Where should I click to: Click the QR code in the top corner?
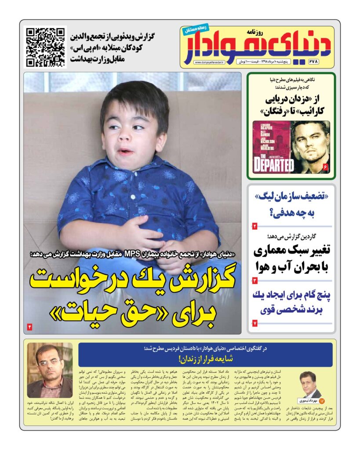point(45,47)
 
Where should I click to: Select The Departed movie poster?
point(271,147)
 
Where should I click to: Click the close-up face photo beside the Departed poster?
point(310,147)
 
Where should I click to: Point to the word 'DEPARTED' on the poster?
point(273,165)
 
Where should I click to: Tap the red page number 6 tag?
point(325,167)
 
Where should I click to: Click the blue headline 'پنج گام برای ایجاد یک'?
point(291,294)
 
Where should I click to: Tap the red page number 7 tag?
point(255,323)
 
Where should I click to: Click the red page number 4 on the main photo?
point(30,327)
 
